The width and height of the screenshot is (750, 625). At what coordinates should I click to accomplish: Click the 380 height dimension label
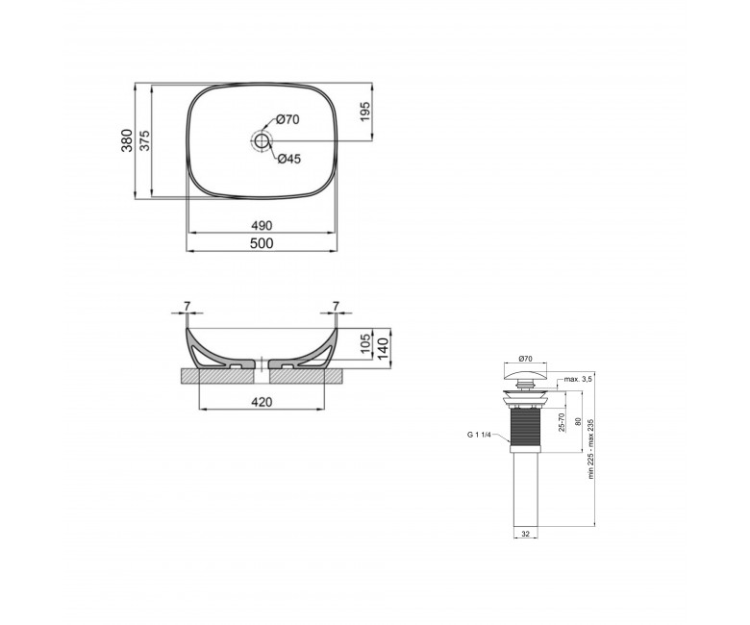point(127,140)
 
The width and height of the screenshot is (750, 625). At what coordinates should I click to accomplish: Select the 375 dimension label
point(144,140)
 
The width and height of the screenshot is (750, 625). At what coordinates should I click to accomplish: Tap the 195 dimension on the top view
point(365,112)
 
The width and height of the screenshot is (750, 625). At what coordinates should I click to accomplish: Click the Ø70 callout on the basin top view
point(287,119)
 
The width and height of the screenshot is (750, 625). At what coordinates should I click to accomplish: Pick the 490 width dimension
point(262,225)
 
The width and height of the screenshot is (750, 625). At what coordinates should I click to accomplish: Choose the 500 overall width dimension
point(262,243)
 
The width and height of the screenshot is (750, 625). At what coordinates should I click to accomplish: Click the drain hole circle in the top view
point(262,140)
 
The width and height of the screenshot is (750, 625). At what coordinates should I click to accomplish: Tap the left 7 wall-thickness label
point(187,306)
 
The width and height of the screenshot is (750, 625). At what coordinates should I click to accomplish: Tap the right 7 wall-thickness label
point(336,306)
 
